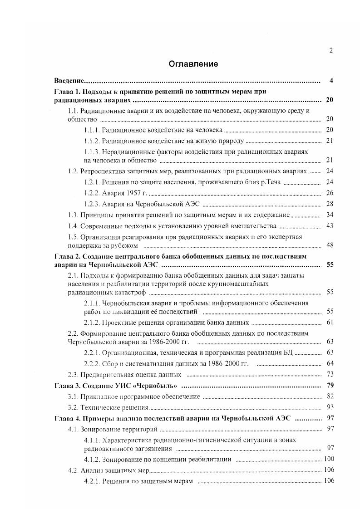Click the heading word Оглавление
(x=193, y=64)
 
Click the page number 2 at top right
(x=331, y=50)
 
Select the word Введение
(x=68, y=81)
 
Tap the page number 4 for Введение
(x=331, y=81)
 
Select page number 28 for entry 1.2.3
(x=330, y=204)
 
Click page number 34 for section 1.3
(x=330, y=215)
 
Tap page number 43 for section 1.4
(x=330, y=226)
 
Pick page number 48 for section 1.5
(x=330, y=245)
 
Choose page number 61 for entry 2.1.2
(x=330, y=323)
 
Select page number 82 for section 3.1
(x=330, y=396)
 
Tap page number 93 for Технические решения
(x=330, y=407)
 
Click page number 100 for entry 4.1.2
(x=328, y=459)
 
